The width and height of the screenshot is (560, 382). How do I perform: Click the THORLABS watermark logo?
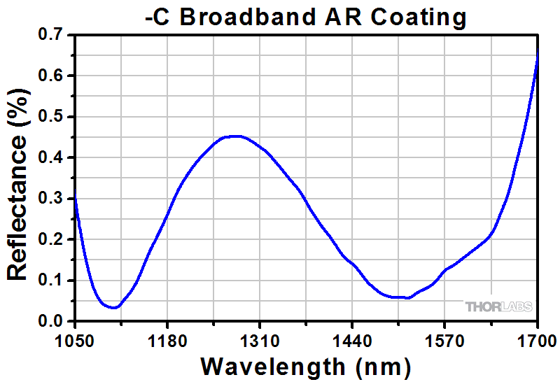point(498,306)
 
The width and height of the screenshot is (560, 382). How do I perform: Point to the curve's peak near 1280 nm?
point(236,136)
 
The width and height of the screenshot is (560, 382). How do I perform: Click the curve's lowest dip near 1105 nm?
point(113,307)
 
